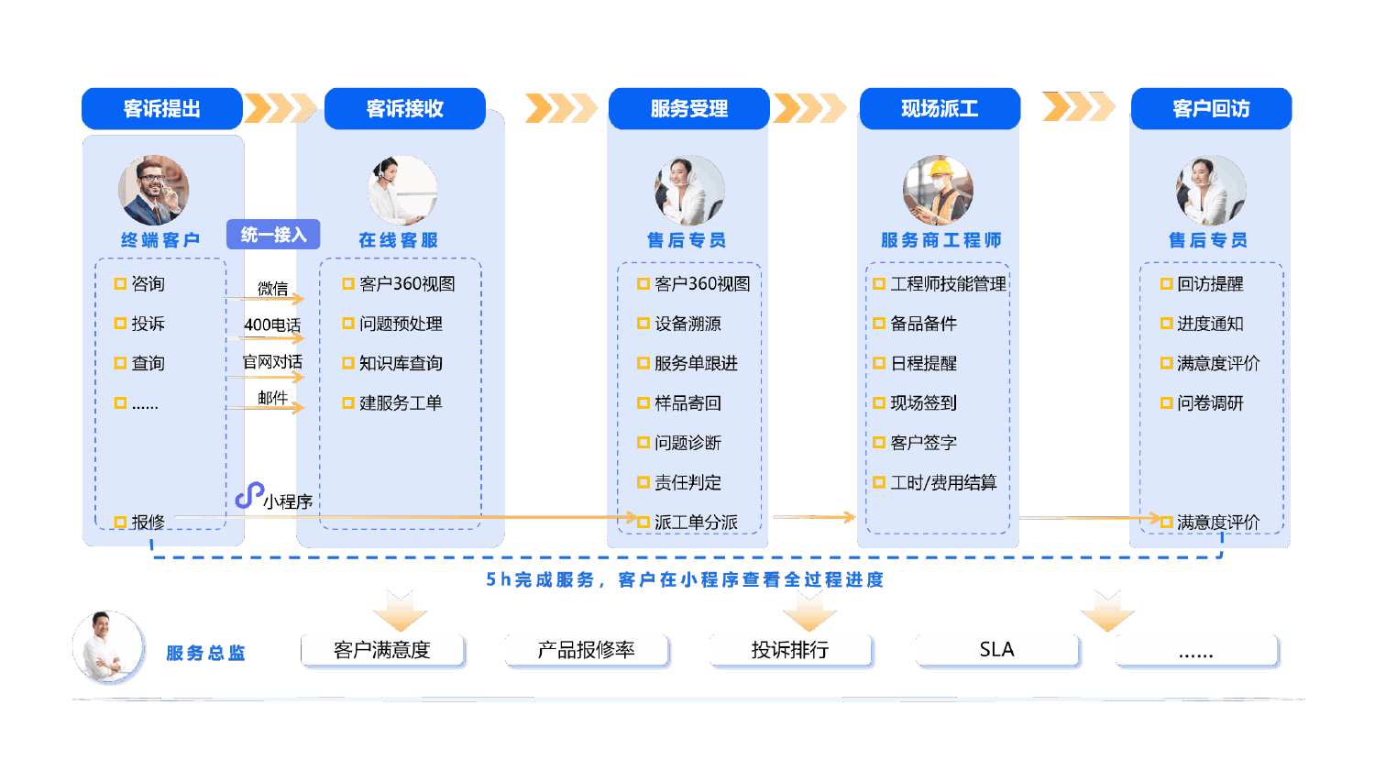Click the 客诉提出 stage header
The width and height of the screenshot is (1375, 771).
pos(162,109)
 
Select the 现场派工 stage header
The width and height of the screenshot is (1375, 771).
pos(940,109)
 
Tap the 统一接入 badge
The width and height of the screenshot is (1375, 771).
pos(273,235)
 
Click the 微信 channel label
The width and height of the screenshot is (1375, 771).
pos(272,289)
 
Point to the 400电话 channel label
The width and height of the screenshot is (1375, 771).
pos(272,325)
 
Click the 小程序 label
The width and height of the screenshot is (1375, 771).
pos(287,501)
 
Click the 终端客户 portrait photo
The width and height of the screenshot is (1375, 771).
pos(154,191)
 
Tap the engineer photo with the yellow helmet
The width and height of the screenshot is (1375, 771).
pos(938,191)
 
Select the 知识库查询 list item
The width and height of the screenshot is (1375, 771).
pos(401,363)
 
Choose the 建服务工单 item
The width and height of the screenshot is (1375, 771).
pos(401,402)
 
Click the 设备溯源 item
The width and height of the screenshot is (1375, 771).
pos(687,324)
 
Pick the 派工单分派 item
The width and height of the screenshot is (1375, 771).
pos(696,522)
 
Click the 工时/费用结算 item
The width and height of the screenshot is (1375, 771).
pos(943,482)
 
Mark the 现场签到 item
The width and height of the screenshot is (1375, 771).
pos(923,402)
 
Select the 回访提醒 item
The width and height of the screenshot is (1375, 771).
pos(1210,284)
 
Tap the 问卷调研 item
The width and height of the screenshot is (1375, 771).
pos(1210,402)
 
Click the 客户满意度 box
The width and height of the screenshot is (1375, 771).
pos(382,650)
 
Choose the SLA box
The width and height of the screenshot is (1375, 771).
pos(996,650)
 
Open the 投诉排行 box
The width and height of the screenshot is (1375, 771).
pos(790,650)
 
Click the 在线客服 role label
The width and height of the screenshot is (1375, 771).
pos(399,240)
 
